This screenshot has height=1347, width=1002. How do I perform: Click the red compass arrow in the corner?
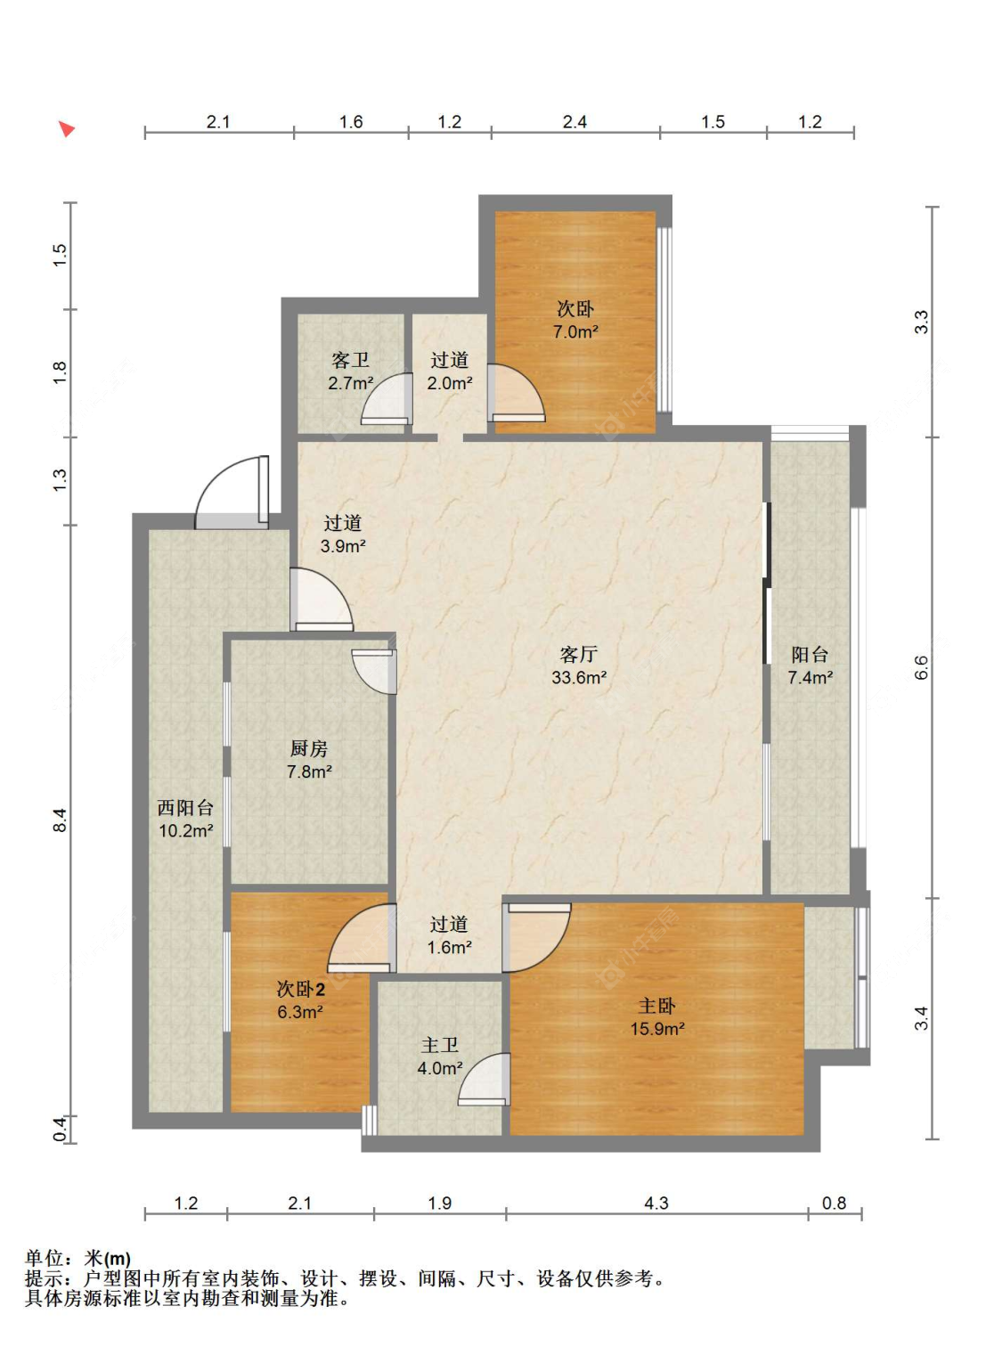click(x=67, y=129)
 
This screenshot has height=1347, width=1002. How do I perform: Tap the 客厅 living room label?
click(x=578, y=654)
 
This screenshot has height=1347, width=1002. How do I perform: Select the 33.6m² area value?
click(x=579, y=677)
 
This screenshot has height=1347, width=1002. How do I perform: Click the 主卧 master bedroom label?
click(x=656, y=1007)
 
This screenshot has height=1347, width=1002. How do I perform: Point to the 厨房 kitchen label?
click(x=308, y=748)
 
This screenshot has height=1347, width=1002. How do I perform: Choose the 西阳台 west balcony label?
click(x=185, y=807)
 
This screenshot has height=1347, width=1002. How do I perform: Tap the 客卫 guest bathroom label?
click(x=350, y=360)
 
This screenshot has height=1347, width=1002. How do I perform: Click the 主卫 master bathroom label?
click(x=440, y=1045)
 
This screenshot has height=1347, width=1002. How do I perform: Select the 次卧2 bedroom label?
click(x=301, y=989)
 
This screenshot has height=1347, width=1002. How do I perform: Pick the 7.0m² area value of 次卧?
click(x=575, y=331)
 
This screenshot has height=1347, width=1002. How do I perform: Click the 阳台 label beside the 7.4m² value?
click(x=810, y=654)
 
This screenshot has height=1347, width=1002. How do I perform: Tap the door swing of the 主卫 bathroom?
click(x=484, y=1079)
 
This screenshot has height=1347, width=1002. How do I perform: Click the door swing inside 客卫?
click(x=387, y=399)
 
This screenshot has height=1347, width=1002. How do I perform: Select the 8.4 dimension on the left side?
click(x=61, y=820)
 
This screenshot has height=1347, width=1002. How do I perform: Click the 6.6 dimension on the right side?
click(x=921, y=667)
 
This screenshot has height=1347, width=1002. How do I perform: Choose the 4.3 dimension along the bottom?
click(x=656, y=1203)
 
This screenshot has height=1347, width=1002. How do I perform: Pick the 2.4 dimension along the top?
click(x=574, y=122)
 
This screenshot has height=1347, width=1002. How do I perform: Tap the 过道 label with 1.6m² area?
click(x=450, y=924)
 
